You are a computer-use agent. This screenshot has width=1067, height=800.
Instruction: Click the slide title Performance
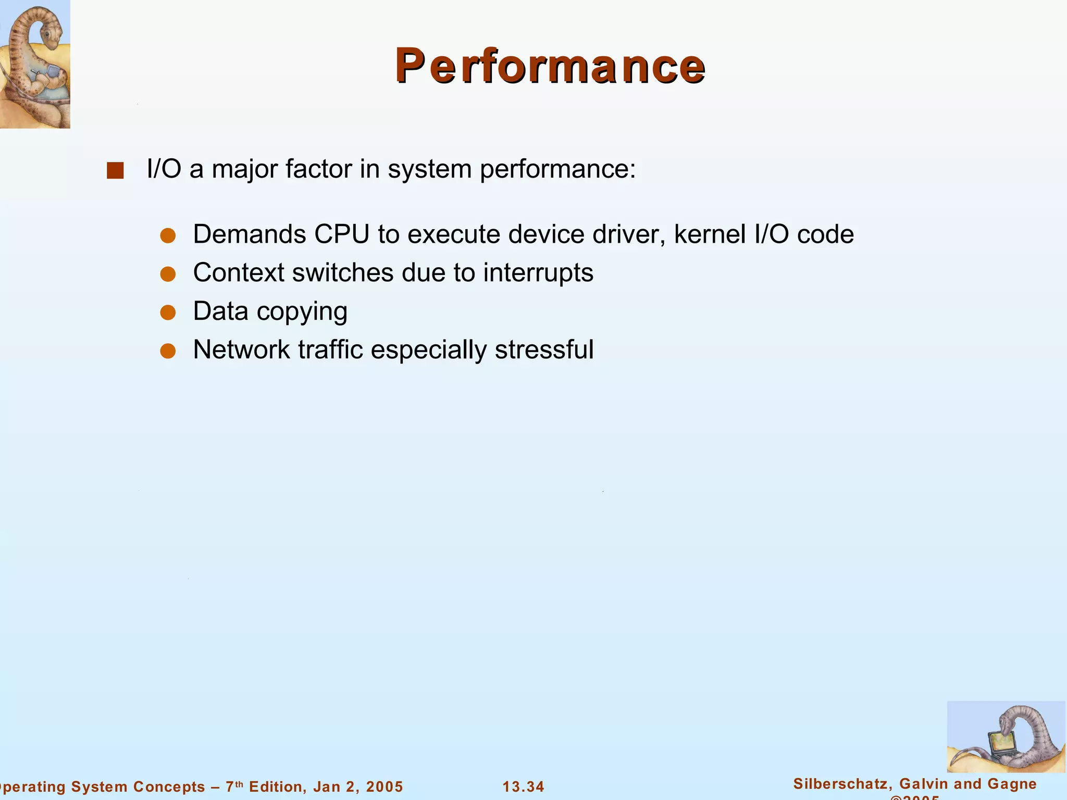click(x=550, y=66)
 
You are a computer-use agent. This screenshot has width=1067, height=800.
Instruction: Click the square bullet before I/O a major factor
click(x=115, y=171)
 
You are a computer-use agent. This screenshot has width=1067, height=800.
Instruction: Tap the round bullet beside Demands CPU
click(x=168, y=235)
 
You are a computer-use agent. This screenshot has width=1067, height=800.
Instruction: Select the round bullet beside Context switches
click(x=168, y=274)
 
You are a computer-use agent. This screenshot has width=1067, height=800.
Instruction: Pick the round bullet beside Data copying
click(x=168, y=312)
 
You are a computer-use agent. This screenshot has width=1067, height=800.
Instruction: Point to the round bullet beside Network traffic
click(x=168, y=351)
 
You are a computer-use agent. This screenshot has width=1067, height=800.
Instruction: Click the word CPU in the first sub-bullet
click(x=341, y=234)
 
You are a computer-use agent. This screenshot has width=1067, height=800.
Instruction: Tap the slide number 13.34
click(x=523, y=786)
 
